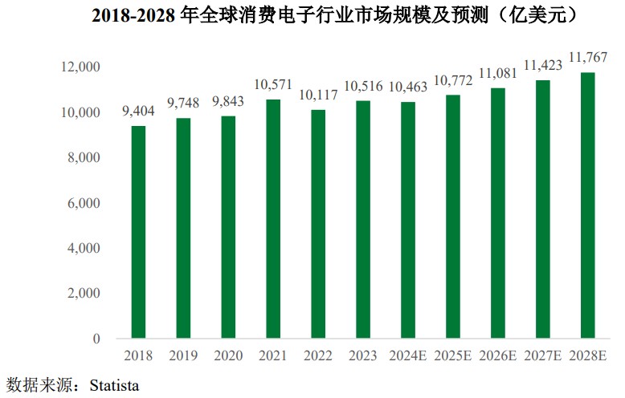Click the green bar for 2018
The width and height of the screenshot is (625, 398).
pos(139,232)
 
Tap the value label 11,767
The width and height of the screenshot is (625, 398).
pos(588,58)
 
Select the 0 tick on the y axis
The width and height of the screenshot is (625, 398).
pos(96,339)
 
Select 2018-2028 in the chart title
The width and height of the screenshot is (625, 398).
pos(132,15)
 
